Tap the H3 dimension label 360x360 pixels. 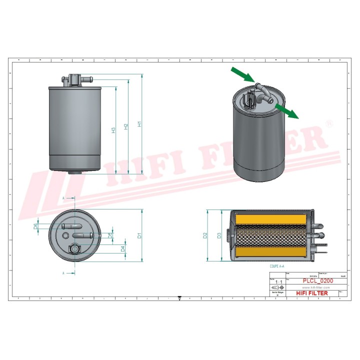coord(114,130)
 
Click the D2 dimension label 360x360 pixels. coord(205,235)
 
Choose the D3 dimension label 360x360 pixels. coord(218,235)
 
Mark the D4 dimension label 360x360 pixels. coord(122,248)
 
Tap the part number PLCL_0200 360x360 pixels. coord(318,281)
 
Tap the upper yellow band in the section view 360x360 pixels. coord(270,218)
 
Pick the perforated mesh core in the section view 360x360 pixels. coord(270,235)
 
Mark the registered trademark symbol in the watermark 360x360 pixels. coord(328,122)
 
